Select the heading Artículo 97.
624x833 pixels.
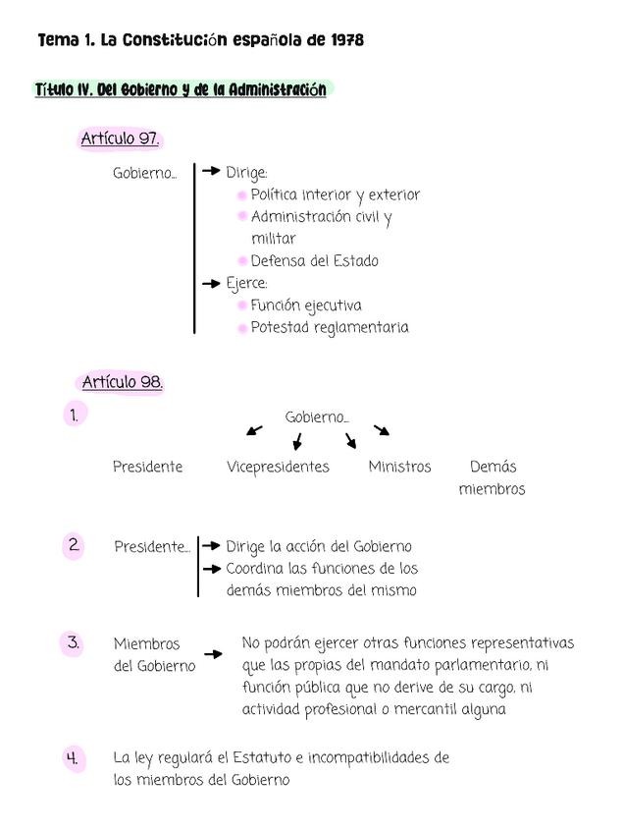coord(120,139)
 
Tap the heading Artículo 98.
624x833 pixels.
coord(122,382)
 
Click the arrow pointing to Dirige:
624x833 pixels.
coord(211,172)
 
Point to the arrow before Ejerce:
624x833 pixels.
coord(211,283)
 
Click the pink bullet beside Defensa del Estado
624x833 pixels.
coord(241,261)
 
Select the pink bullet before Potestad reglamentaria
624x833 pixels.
coord(241,328)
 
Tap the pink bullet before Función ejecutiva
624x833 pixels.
coord(241,305)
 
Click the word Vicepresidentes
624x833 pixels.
coord(278,468)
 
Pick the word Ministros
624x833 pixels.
coord(399,468)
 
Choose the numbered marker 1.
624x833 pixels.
coord(74,416)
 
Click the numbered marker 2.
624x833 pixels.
coord(74,545)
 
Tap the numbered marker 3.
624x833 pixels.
coord(74,643)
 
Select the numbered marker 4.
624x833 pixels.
coord(73,758)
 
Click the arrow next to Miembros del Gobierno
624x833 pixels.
coord(213,653)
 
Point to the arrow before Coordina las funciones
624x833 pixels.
coord(211,569)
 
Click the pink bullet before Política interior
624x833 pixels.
coord(241,195)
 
